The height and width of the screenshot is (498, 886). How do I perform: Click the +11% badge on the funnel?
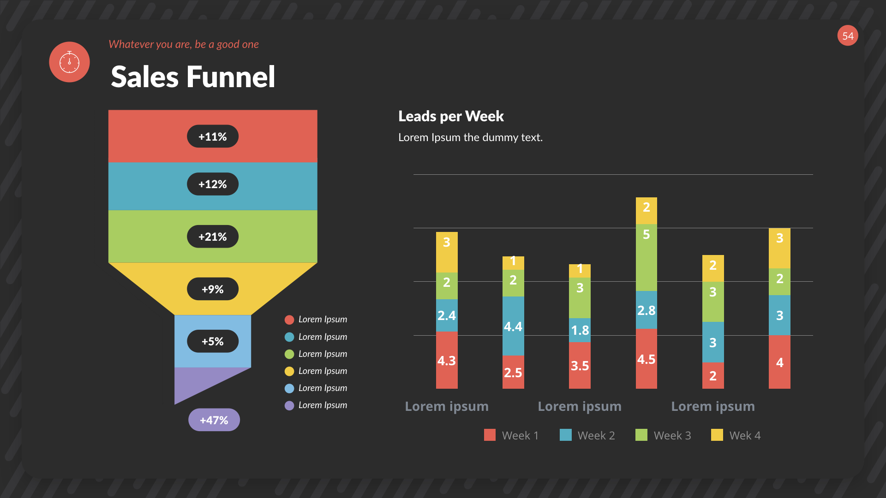tap(212, 136)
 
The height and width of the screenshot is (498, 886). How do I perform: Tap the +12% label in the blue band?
tap(212, 184)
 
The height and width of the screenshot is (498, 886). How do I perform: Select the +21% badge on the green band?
tap(212, 237)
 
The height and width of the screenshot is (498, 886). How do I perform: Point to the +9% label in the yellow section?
tap(212, 289)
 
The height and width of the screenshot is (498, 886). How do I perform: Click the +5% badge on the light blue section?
tap(212, 341)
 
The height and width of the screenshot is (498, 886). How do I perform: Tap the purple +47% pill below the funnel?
tap(214, 420)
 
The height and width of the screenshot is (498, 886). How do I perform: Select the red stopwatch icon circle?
tap(69, 62)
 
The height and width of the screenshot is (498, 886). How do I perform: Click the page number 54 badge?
tap(848, 36)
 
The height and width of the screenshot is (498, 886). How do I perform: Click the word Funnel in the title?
tap(231, 77)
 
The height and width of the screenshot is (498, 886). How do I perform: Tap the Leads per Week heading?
tap(451, 116)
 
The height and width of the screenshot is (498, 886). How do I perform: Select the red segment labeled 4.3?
tap(447, 360)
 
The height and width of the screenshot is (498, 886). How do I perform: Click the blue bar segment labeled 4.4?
tap(513, 326)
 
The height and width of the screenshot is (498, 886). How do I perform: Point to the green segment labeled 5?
tap(646, 257)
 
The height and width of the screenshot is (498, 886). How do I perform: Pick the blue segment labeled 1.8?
tap(580, 330)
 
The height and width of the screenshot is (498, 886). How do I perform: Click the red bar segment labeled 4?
tap(779, 362)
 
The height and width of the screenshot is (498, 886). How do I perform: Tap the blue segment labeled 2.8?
tap(646, 310)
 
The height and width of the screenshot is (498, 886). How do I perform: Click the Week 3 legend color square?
tap(641, 435)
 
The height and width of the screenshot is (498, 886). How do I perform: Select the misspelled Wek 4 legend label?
tap(744, 435)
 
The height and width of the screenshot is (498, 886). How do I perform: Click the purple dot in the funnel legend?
tap(289, 405)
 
